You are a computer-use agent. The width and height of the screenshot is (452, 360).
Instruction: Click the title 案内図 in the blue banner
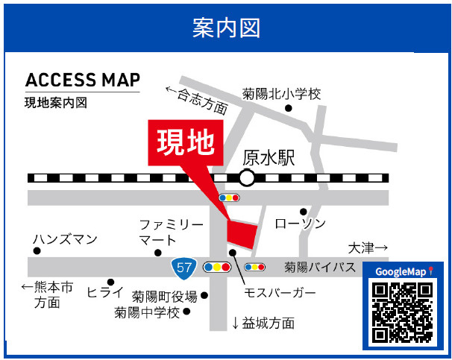tap(225, 28)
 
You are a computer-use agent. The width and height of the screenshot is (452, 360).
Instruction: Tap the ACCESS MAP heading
tap(82, 80)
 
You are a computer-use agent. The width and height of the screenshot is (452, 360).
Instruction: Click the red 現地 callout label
tap(186, 142)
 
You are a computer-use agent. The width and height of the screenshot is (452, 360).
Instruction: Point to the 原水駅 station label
tap(269, 158)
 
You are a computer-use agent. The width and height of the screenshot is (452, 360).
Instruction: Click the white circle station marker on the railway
tap(247, 177)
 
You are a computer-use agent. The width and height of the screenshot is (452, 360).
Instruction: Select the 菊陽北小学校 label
tap(281, 95)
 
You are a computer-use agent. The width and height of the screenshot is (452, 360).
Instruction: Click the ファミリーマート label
tap(171, 232)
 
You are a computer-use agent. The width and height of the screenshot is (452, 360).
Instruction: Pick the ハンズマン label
tap(65, 239)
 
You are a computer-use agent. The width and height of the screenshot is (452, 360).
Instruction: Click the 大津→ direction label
tap(368, 247)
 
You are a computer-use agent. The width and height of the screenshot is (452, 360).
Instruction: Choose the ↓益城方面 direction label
tap(263, 323)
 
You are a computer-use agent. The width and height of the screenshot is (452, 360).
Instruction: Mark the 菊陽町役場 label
tap(165, 295)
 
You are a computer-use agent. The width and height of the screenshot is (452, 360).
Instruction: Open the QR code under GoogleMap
tap(402, 312)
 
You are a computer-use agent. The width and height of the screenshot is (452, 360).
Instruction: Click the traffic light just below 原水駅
tap(229, 198)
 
